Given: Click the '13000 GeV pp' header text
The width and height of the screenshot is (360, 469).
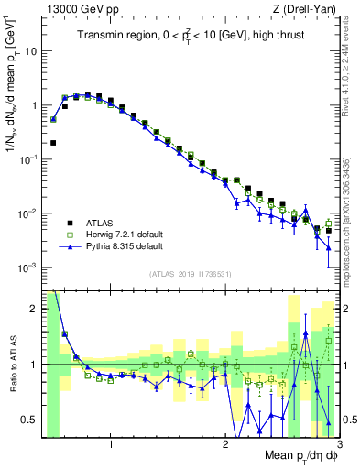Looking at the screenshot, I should coord(76,8).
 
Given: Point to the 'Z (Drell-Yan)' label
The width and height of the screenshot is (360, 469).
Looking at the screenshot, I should coord(310,8).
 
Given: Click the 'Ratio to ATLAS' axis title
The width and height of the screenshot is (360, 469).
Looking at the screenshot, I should coord(13,364).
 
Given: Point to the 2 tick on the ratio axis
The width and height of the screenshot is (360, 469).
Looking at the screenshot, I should coord(35,309).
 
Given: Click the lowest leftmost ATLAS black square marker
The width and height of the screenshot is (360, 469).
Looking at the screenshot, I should coord(54,143).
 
